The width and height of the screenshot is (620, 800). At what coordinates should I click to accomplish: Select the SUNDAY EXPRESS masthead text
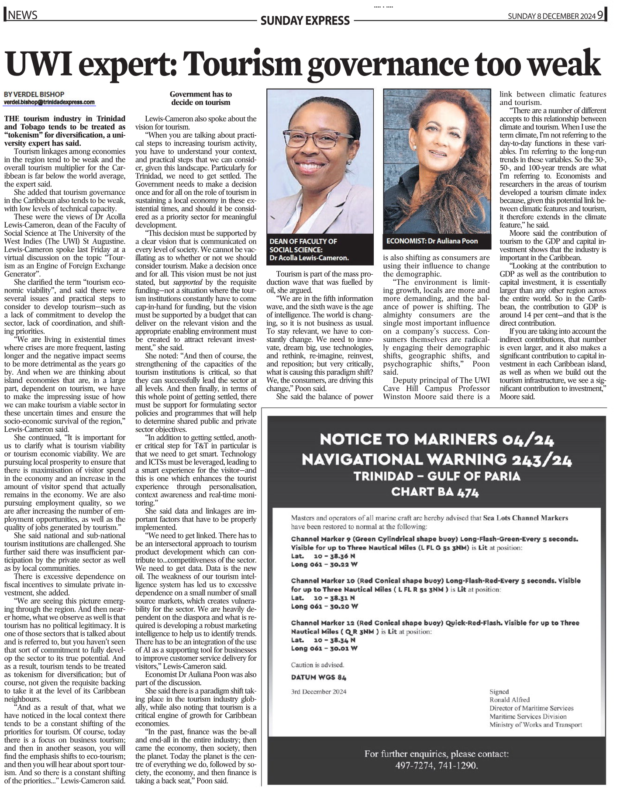click(x=305, y=20)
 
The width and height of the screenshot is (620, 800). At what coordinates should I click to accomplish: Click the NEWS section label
click(x=22, y=15)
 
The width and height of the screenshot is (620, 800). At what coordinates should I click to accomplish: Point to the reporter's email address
click(x=49, y=102)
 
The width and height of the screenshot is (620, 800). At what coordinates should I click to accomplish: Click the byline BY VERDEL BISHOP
click(x=34, y=94)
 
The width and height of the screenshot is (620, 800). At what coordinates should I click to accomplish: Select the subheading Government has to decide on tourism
click(x=200, y=98)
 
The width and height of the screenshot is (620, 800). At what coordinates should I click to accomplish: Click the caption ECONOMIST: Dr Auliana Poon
click(x=432, y=241)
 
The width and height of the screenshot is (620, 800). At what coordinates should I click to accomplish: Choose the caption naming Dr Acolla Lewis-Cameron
click(x=309, y=249)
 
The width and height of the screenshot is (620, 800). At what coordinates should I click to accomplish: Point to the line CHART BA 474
click(x=435, y=492)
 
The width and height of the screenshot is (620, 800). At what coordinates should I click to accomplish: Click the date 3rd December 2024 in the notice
click(x=318, y=691)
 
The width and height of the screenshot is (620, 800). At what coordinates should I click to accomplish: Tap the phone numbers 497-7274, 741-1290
click(x=436, y=766)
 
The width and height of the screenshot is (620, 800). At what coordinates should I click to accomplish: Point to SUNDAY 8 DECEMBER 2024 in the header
click(x=551, y=16)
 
